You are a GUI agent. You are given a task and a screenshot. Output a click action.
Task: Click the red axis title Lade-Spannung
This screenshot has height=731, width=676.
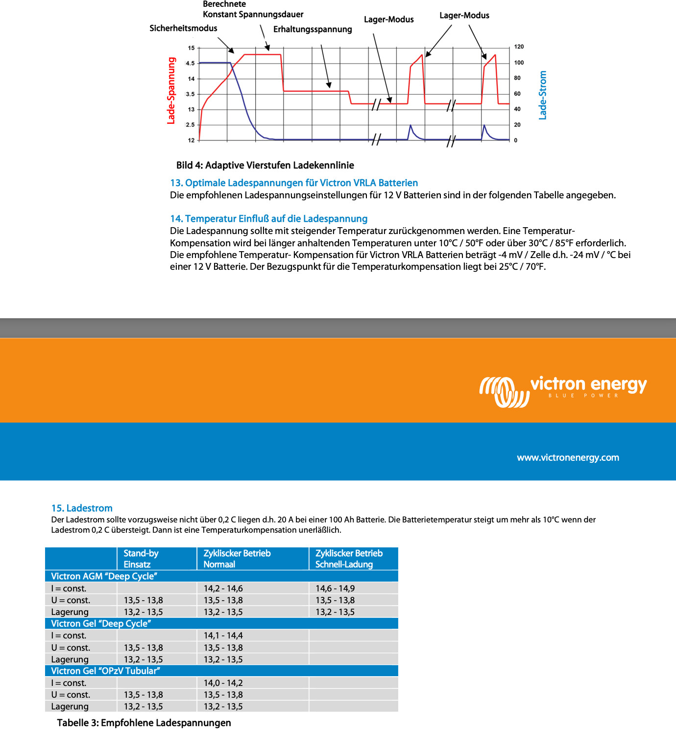(171, 91)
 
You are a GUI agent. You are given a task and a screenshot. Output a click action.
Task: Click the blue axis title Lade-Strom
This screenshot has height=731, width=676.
(542, 95)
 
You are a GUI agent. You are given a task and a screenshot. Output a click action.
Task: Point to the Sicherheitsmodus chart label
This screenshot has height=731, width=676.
(183, 28)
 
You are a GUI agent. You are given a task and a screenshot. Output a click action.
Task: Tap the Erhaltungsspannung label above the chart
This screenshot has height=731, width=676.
(313, 29)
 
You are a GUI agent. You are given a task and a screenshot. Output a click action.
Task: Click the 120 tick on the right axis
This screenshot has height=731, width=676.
(519, 47)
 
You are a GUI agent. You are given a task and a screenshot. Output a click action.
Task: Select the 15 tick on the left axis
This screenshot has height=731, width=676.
(191, 48)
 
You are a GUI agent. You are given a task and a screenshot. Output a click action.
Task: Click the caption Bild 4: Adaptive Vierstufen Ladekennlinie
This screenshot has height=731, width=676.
(265, 165)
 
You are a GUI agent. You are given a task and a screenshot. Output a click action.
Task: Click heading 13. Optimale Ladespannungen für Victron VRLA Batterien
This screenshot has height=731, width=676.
(294, 183)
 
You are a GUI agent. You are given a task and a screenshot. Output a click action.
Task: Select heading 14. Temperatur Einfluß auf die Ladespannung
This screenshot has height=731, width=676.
(268, 219)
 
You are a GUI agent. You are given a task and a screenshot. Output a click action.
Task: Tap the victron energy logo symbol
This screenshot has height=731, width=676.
(504, 392)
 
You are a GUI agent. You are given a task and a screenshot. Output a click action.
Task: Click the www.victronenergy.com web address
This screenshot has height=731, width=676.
(568, 458)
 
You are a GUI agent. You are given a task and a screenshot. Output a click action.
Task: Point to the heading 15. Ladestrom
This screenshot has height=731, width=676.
(82, 508)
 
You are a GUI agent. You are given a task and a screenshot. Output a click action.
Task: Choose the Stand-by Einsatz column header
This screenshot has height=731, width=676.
(141, 559)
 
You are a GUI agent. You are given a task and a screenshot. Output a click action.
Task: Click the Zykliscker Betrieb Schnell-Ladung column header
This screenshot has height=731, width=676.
(349, 559)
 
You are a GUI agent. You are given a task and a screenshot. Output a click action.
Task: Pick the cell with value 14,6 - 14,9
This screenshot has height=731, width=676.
(335, 589)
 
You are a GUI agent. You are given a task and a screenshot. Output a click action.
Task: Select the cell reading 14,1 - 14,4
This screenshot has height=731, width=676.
(223, 636)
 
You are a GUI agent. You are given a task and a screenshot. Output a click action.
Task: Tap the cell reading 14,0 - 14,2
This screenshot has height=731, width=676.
(223, 683)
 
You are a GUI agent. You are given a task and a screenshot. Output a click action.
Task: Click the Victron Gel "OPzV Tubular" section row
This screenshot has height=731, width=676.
(106, 671)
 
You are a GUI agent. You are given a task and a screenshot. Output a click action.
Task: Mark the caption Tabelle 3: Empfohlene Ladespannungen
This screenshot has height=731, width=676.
(144, 723)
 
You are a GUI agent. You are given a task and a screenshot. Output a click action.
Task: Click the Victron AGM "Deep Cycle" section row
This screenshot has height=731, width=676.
(104, 576)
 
